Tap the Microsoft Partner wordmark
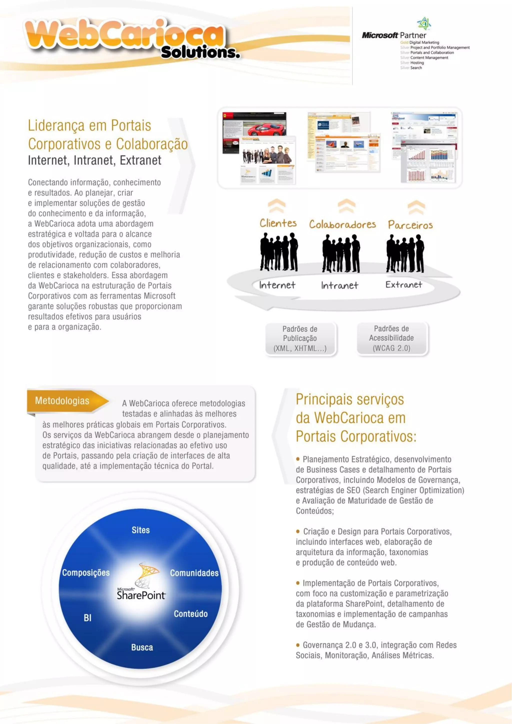[394, 35]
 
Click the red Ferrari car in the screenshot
[266, 128]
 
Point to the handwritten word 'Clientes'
[278, 223]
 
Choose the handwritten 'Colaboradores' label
[342, 224]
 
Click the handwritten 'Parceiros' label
[410, 225]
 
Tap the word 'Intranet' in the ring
[339, 285]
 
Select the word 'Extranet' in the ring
[403, 284]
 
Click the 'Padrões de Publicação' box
[300, 339]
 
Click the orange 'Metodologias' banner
[63, 400]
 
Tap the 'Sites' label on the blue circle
[140, 530]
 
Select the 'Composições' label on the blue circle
[86, 573]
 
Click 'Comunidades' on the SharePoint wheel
[194, 573]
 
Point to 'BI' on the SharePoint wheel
[88, 618]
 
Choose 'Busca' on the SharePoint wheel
[142, 647]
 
